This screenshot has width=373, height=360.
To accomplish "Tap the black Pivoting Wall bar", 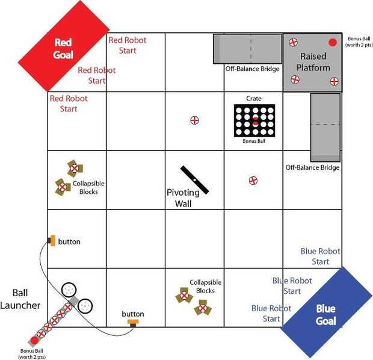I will (x=195, y=179).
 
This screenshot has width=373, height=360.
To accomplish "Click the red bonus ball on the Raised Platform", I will (x=332, y=42).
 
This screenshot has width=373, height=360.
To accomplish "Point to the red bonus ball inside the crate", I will (x=254, y=122).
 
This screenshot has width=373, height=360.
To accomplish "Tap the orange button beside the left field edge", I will (x=53, y=241).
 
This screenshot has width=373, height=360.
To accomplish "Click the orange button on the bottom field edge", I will (x=133, y=323).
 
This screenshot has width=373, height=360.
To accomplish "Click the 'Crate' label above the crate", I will (x=253, y=98).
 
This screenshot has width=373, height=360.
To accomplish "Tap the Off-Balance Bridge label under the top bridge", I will (x=252, y=69).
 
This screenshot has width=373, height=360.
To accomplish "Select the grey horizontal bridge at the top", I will (x=247, y=48).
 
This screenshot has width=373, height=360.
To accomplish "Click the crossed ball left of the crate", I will (x=194, y=120).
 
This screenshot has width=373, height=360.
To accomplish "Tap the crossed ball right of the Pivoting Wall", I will (x=253, y=180).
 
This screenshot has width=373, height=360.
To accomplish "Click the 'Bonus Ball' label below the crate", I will (x=253, y=141).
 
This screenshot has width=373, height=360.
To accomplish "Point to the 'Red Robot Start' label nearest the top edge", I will (x=127, y=45).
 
